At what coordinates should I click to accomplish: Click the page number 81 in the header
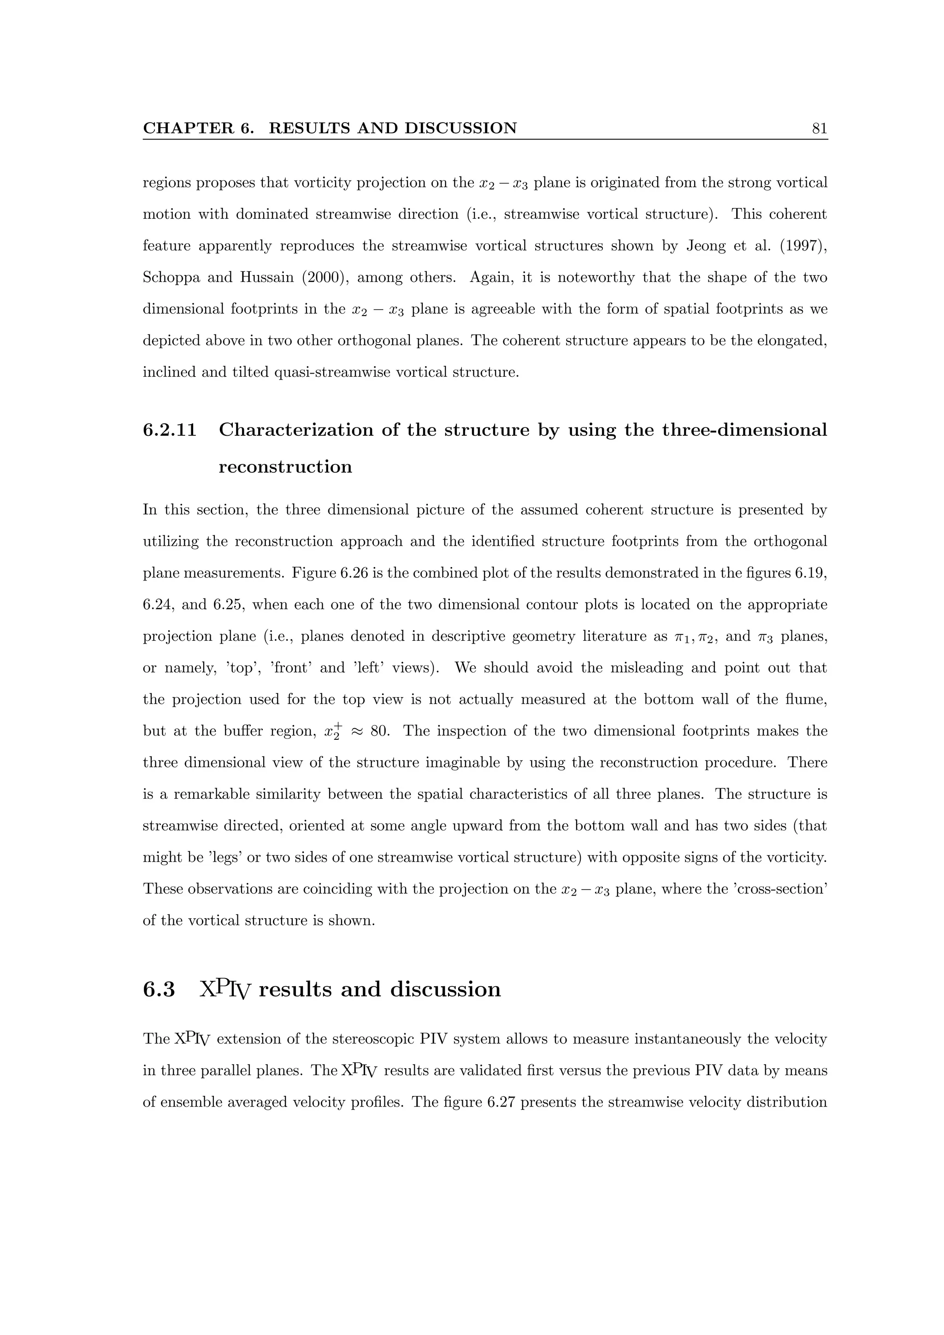(819, 129)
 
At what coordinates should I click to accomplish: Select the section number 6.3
(158, 989)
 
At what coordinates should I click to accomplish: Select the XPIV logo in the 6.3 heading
(225, 989)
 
